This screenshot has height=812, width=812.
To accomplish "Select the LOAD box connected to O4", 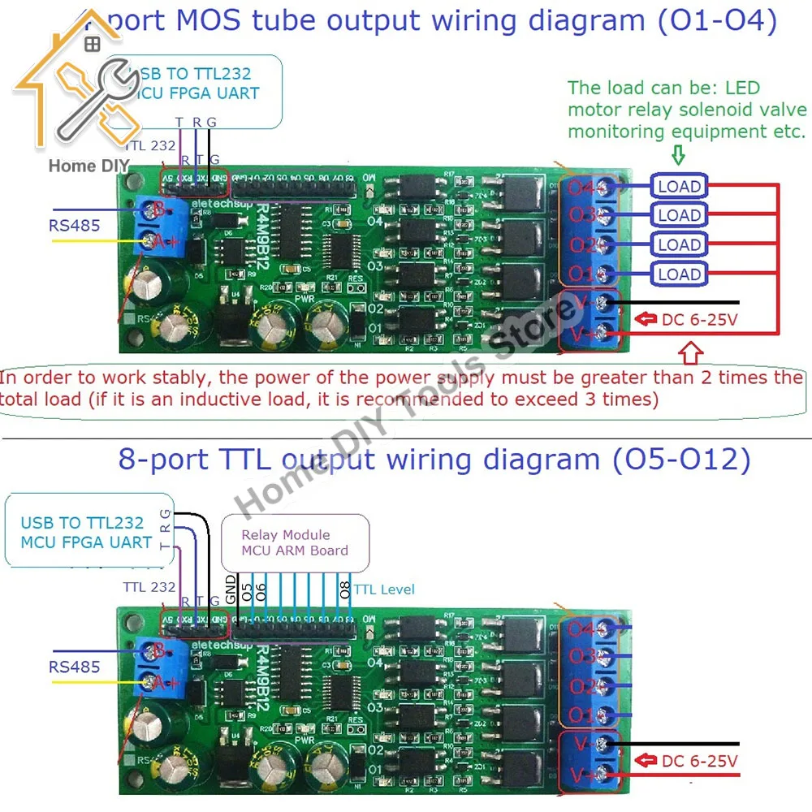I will click(x=679, y=186).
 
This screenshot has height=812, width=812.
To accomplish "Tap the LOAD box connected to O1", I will click(x=679, y=274).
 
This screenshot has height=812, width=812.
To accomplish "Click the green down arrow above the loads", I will click(x=677, y=154).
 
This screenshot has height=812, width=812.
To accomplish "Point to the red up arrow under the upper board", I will click(x=689, y=354).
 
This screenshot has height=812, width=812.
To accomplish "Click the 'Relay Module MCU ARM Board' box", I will click(x=295, y=542).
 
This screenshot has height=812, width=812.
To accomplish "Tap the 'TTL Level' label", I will click(x=384, y=590).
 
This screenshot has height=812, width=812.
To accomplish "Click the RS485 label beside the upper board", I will click(x=75, y=226).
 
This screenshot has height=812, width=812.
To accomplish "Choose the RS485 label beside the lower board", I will click(x=75, y=667).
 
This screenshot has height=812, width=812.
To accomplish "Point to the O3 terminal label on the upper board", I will click(x=583, y=216).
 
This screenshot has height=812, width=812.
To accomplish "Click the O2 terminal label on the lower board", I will click(x=583, y=686).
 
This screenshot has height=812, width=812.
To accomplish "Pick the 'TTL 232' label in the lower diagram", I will click(x=149, y=586).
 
